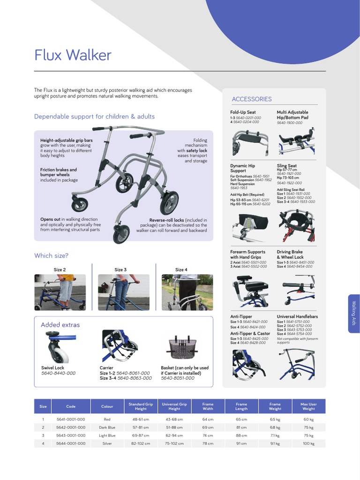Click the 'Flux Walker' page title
point(73,55)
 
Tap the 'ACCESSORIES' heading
point(252,99)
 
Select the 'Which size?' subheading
point(51,255)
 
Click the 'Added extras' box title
point(60,324)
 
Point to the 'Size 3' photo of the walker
point(123,292)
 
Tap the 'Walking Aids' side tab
point(354,314)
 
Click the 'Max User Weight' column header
point(308,406)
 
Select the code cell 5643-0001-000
point(71,435)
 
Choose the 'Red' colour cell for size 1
point(107,420)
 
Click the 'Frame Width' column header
point(208,406)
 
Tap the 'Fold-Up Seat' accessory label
point(243,112)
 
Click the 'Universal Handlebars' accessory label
point(297,316)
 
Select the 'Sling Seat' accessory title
point(286,165)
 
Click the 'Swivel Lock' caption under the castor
point(53,368)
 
